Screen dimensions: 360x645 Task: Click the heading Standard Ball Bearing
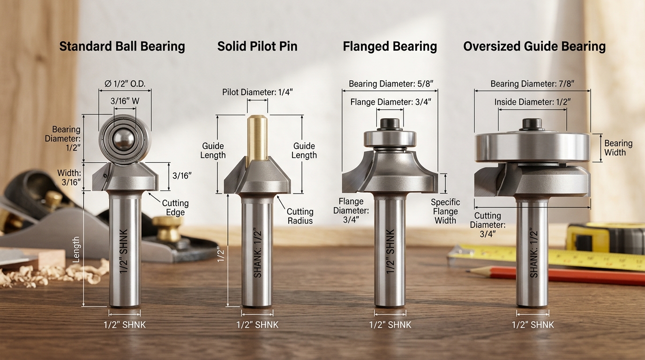click(122, 46)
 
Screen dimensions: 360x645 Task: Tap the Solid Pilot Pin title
click(257, 46)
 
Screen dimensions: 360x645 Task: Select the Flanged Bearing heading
click(390, 46)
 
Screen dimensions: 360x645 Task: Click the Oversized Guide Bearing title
click(534, 46)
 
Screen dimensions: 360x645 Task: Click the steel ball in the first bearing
click(125, 140)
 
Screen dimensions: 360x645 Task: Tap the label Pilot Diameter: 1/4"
click(257, 92)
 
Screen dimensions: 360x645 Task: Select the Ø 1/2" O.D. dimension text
click(125, 84)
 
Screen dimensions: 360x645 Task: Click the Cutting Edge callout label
click(175, 208)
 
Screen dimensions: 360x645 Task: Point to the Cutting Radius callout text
click(300, 216)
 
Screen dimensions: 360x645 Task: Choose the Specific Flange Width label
click(445, 211)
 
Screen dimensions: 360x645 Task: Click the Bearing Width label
click(618, 148)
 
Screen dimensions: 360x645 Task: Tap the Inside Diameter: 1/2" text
click(532, 102)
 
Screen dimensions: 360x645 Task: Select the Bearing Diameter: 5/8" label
click(390, 84)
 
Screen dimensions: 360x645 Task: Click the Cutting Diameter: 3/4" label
click(487, 225)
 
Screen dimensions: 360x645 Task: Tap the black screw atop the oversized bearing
click(532, 124)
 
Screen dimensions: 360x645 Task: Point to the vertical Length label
click(76, 249)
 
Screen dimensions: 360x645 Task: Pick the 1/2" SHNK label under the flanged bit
click(390, 325)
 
